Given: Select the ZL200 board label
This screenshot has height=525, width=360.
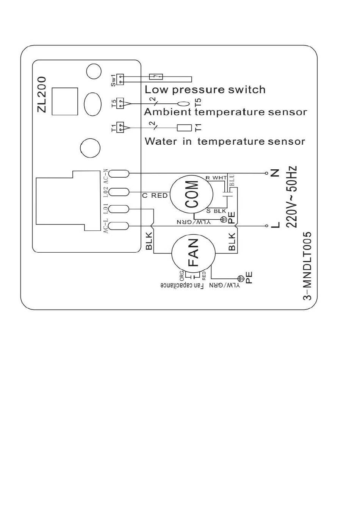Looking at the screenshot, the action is click(x=42, y=94).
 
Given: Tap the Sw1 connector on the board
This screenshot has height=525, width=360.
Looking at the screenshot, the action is click(x=120, y=79).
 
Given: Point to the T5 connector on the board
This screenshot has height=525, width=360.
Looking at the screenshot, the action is click(x=120, y=103).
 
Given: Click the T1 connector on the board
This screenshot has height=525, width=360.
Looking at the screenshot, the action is click(x=120, y=127).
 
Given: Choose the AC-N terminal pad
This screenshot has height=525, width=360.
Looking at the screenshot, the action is click(x=119, y=173).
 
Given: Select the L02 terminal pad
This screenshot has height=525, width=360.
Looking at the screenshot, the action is click(x=119, y=192).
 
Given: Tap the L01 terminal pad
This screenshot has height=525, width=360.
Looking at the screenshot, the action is click(x=119, y=209).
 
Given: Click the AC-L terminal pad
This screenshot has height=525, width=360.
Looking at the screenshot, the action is click(x=119, y=226).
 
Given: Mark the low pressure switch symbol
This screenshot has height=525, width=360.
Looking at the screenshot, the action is click(x=156, y=77).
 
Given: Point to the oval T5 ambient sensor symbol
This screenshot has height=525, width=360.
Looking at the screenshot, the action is click(x=184, y=103).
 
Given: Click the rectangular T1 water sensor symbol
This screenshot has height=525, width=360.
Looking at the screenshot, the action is click(x=184, y=128).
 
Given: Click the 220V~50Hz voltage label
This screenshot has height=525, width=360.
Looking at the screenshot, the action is click(x=291, y=197).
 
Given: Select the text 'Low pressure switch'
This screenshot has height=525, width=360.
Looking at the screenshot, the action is click(x=205, y=90).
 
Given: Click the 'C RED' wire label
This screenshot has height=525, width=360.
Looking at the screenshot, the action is click(x=155, y=195).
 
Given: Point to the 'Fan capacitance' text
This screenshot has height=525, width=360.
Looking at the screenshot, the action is click(x=182, y=286).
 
